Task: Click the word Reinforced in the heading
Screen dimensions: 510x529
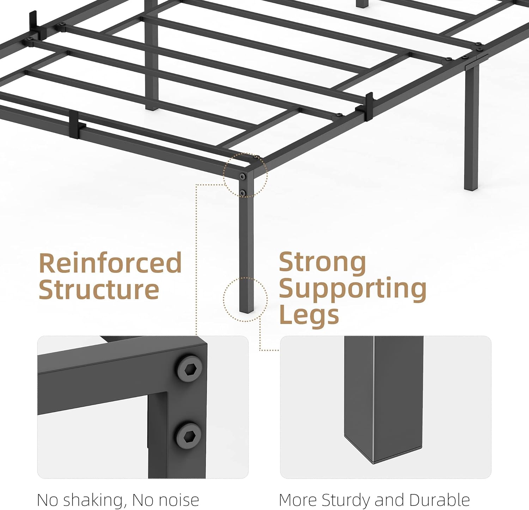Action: click(110, 263)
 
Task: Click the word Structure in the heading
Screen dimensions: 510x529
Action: click(99, 290)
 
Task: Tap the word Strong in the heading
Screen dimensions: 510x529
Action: click(322, 262)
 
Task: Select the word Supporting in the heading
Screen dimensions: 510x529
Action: click(353, 289)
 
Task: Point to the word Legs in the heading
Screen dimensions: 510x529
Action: click(309, 315)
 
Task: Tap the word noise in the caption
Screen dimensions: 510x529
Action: click(179, 500)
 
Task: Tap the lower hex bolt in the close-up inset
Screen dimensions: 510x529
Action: click(189, 434)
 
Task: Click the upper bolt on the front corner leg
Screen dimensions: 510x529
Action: click(243, 176)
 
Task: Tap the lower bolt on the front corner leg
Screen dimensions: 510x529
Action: click(243, 192)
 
